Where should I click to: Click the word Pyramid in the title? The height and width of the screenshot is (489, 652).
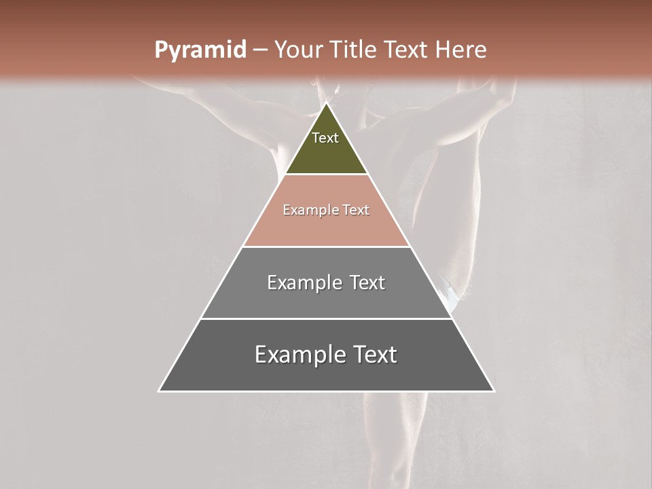tap(200, 50)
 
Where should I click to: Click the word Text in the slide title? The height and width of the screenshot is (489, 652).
tap(406, 50)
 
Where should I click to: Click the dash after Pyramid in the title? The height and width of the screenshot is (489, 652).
tap(259, 50)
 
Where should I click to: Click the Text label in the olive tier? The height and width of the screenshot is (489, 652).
tap(325, 138)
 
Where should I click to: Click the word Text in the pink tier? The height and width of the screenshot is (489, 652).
tap(356, 211)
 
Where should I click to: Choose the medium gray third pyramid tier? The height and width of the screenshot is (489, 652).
tap(326, 299)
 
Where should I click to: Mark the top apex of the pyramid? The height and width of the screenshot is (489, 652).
tap(326, 103)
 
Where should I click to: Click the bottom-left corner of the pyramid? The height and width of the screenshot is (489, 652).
tap(159, 391)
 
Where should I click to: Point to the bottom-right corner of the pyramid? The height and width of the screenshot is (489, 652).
tap(494, 391)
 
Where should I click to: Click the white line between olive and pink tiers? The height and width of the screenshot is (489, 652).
tap(326, 175)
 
